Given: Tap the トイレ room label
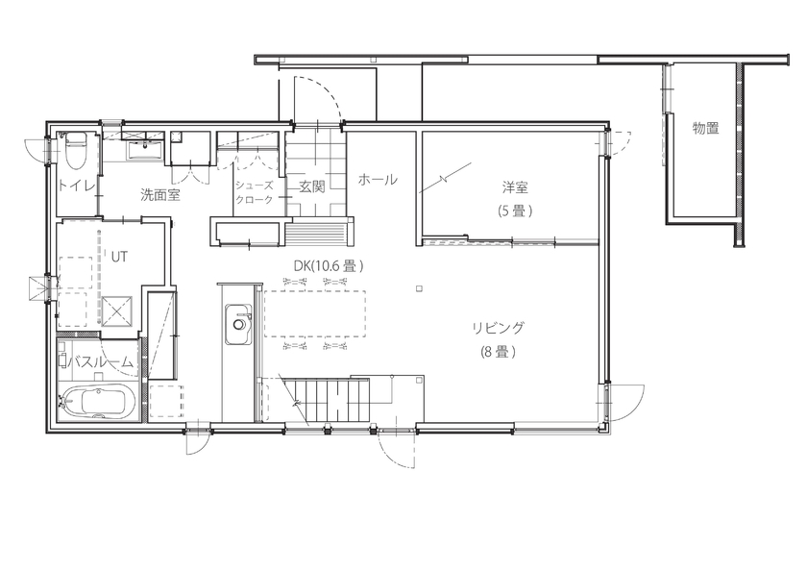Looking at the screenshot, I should [76, 186].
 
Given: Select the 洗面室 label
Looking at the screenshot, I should [160, 194].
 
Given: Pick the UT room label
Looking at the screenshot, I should [120, 257].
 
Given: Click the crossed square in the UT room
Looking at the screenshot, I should [119, 310].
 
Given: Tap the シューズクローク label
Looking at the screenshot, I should [255, 191].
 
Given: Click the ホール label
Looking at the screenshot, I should [378, 180].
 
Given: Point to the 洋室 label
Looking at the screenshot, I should [515, 186].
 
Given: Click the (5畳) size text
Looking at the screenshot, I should [515, 211].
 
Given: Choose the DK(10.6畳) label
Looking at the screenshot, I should [329, 264].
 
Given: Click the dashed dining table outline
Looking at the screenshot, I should [316, 313].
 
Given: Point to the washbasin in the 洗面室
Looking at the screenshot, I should [145, 150].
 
